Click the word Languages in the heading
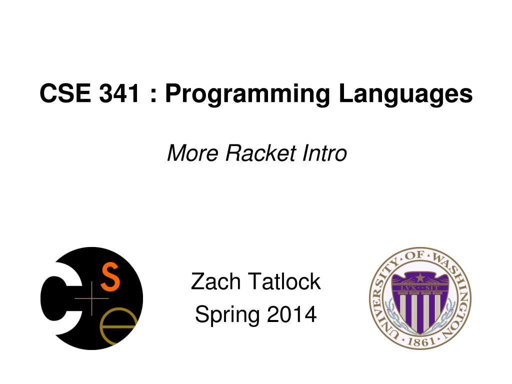[405, 94]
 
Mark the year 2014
[291, 314]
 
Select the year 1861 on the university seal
[420, 341]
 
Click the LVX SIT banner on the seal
[420, 288]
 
